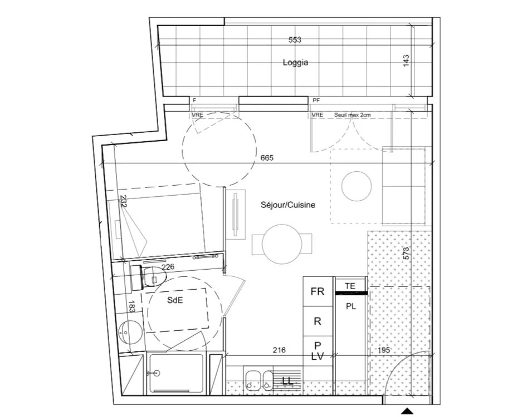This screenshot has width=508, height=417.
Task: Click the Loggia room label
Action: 295,62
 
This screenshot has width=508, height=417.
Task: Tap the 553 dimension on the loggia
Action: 295,40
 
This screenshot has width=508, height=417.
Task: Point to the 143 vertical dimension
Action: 406,61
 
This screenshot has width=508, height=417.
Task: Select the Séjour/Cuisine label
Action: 287,205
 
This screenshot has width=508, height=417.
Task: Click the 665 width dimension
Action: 267,158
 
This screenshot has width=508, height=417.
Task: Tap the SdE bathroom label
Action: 175,300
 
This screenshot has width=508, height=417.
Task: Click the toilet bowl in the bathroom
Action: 154,276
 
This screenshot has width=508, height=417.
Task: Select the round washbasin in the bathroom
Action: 130,332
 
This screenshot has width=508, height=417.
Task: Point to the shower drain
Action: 158,373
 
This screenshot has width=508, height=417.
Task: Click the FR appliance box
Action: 317,291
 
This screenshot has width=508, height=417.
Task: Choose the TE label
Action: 350,286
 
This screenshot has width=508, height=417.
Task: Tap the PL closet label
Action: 351,306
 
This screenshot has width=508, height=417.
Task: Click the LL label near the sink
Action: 287,381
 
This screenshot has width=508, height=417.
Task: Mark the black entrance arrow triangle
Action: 407,411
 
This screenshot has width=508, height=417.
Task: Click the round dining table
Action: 282,244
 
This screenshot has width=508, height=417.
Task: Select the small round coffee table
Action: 356,186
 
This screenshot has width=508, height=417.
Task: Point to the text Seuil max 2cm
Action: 353,115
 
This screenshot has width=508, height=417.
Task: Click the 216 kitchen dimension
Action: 279,350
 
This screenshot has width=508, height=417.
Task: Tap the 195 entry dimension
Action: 384,350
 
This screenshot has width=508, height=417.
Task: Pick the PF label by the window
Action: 316,101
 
